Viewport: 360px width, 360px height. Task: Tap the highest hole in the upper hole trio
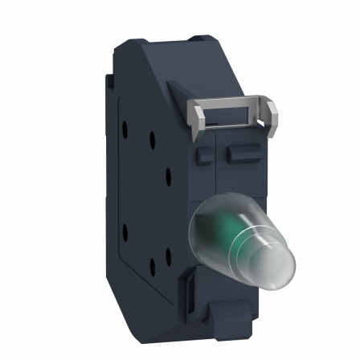coord(125,128)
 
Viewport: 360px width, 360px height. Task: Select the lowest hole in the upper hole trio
coord(168,174)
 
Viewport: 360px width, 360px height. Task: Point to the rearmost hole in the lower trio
coord(125,234)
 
